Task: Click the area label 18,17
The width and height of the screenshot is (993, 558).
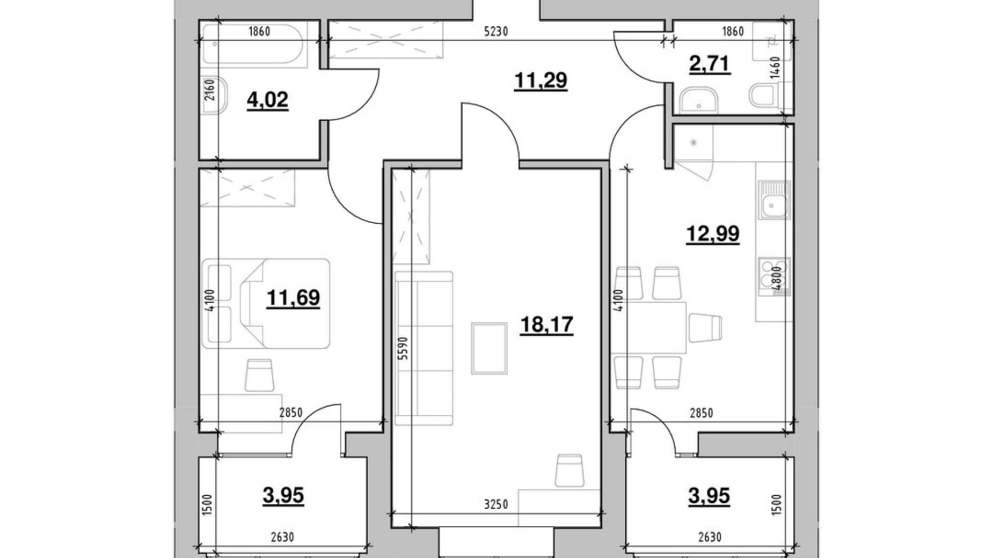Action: click(546, 325)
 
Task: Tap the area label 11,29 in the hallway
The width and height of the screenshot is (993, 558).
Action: click(540, 80)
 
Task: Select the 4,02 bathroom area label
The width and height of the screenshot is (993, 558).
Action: click(267, 100)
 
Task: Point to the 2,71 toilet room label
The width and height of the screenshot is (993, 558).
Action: click(709, 64)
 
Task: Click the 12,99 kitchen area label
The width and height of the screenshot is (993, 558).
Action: click(713, 234)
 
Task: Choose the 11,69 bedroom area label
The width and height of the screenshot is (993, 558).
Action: click(293, 297)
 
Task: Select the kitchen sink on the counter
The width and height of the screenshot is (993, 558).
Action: click(773, 201)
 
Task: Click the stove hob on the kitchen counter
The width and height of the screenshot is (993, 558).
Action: click(773, 276)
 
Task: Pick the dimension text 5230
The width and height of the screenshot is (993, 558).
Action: click(495, 32)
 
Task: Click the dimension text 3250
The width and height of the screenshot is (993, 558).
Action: click(495, 504)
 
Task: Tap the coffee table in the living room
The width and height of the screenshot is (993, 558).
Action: click(489, 348)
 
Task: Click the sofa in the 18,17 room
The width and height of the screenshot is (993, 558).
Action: click(424, 349)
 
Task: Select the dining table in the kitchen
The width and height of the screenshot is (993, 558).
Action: click(649, 327)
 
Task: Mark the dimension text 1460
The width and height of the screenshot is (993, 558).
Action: click(775, 68)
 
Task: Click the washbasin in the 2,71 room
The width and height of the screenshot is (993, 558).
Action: click(698, 101)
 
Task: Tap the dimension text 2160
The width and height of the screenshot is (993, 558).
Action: click(210, 90)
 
